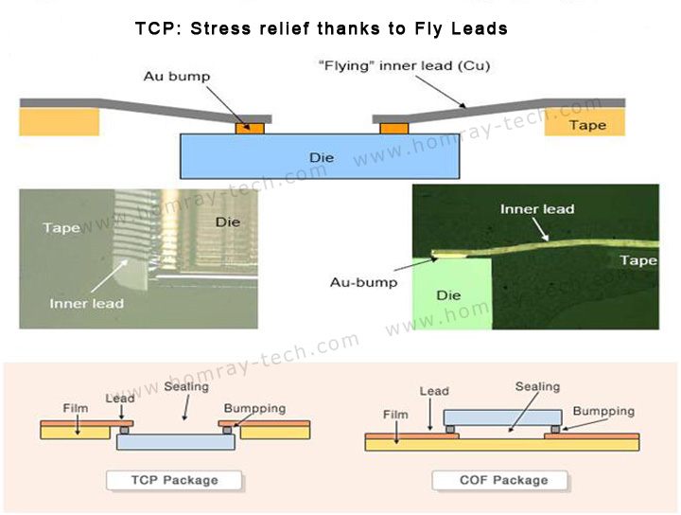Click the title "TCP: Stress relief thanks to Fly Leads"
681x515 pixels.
point(323,28)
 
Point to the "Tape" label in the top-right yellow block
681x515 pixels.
point(587,125)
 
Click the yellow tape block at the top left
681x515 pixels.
point(60,121)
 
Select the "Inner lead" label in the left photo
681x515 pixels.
point(87,303)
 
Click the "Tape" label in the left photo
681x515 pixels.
point(62,227)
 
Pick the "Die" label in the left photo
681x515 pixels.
point(228,222)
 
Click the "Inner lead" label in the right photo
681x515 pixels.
point(537,209)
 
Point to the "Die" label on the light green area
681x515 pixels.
point(449,295)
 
